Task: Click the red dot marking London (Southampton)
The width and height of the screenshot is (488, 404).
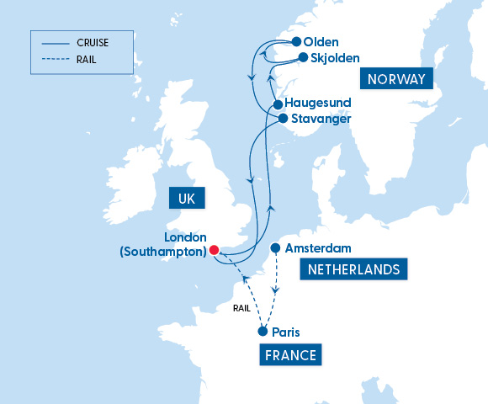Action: [x=214, y=250]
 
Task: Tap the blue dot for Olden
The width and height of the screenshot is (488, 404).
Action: [x=296, y=41]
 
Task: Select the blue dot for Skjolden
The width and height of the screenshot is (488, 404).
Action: [x=303, y=57]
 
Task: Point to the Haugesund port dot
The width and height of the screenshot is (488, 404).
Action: [x=278, y=105]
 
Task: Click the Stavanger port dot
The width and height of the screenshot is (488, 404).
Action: [x=284, y=119]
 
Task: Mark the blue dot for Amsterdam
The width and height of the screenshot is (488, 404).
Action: [x=275, y=248]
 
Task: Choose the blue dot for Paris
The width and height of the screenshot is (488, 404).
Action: [x=263, y=332]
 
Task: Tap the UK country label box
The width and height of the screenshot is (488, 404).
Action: [x=187, y=198]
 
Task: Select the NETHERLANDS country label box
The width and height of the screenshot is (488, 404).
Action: [x=353, y=269]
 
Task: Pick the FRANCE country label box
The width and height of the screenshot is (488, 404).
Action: [x=291, y=355]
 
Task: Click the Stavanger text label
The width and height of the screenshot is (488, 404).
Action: [x=321, y=119]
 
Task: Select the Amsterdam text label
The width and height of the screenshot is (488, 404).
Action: [x=318, y=248]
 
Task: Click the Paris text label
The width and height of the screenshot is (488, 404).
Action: [x=286, y=332]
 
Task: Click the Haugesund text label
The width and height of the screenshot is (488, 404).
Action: [x=318, y=103]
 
